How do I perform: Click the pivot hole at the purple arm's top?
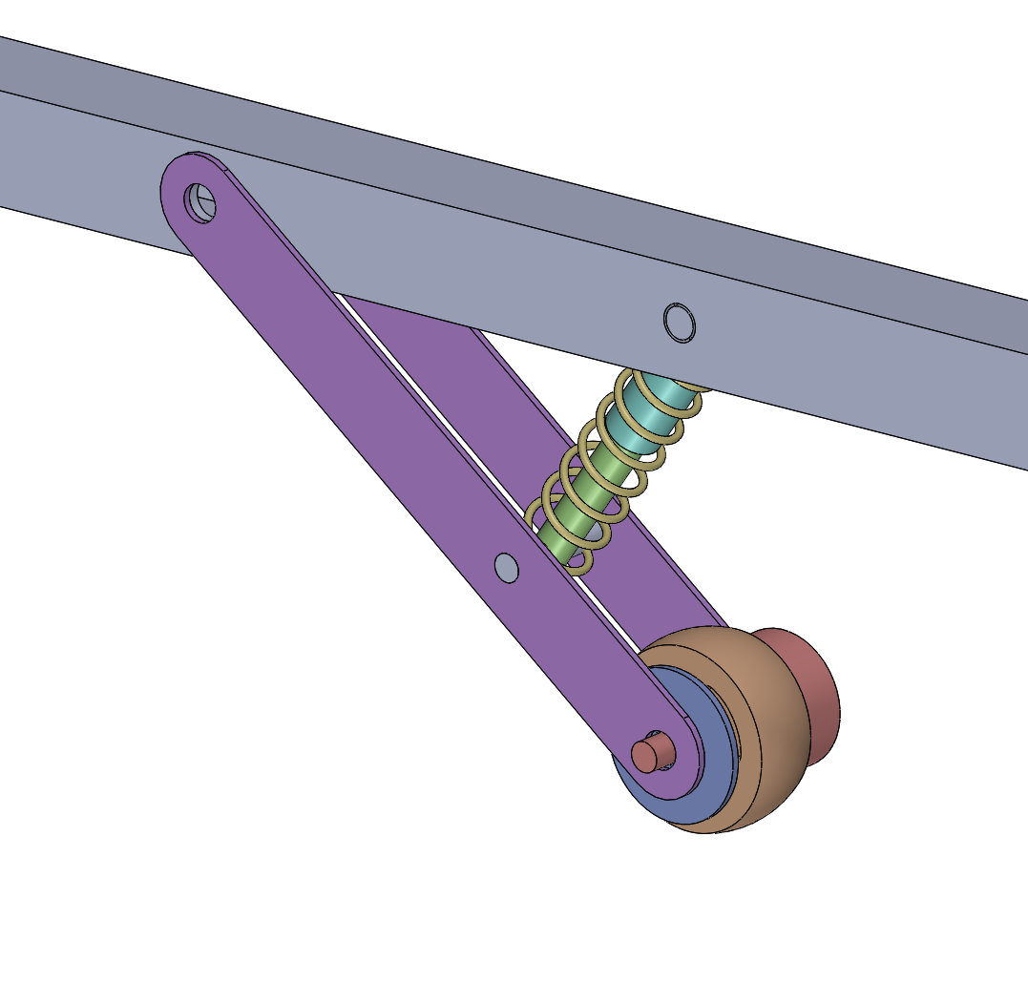200,203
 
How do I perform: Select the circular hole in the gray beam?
680,323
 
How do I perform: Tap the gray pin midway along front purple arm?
507,567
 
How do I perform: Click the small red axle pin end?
647,755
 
